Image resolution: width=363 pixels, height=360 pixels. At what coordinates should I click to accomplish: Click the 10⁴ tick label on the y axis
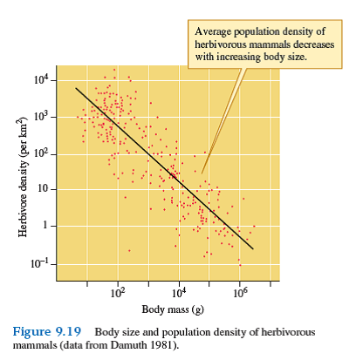point(40,80)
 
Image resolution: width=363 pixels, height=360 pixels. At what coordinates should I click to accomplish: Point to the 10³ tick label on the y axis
point(40,117)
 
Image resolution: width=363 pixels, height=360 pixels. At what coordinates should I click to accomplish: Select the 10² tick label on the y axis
point(40,153)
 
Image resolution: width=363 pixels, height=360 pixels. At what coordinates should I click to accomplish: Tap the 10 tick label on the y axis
point(42,190)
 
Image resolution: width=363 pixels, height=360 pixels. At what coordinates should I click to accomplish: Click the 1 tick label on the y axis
point(45,227)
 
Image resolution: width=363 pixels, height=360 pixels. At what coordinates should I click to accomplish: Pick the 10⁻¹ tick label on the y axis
point(39,263)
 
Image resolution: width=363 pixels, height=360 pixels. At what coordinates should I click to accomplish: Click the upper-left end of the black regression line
point(76,88)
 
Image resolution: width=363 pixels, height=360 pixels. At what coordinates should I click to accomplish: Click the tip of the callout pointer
point(202,172)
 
